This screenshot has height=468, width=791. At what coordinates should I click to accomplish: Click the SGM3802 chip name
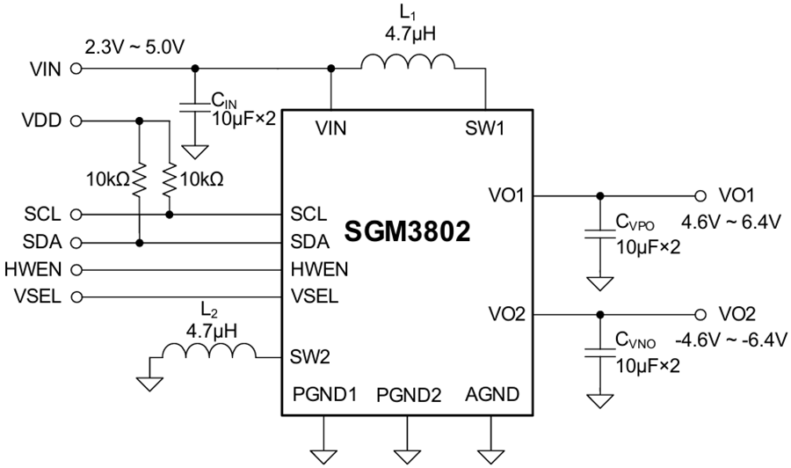(408, 232)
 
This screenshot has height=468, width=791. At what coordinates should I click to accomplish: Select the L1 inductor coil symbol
(408, 64)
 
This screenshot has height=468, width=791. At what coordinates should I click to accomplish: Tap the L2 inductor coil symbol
(208, 353)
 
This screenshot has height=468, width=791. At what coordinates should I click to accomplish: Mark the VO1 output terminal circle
(700, 195)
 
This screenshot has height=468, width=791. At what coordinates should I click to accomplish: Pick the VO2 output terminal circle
(700, 314)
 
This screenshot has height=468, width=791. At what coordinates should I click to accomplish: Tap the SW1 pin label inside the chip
(485, 128)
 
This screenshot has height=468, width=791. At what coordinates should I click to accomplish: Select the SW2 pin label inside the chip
(309, 357)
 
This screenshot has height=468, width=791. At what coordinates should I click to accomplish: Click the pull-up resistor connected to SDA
(139, 181)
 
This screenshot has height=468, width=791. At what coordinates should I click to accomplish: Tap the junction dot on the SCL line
(168, 214)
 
